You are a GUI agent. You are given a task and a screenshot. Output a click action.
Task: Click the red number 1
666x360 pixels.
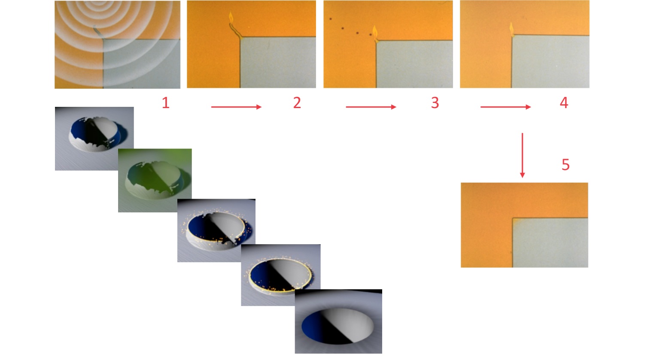[x=166, y=103]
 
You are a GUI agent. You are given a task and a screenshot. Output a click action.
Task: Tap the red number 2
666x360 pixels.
[x=297, y=103]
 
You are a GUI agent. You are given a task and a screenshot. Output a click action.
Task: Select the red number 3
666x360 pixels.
[x=435, y=103]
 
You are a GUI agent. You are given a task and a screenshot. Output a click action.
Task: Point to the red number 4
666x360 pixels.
[x=564, y=103]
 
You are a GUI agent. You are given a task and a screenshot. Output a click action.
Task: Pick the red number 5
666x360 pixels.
[x=566, y=165]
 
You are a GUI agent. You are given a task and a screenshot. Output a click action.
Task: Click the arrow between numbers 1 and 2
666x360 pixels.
[x=236, y=107]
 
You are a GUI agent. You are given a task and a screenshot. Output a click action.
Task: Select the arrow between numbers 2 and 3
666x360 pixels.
[x=371, y=107]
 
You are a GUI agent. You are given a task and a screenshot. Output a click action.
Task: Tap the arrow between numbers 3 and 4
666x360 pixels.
[x=506, y=107]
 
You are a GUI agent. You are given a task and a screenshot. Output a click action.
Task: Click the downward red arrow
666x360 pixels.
[x=523, y=155]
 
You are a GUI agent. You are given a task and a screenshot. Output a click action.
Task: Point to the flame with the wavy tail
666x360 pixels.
[x=231, y=18]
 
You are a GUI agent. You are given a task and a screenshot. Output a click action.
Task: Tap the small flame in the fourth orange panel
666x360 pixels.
[x=512, y=29]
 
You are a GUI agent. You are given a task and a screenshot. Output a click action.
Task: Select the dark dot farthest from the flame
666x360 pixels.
[x=330, y=19]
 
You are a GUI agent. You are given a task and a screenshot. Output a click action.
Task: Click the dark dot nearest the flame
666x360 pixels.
[x=371, y=35]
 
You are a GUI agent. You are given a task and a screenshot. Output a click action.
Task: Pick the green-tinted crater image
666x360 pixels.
[x=155, y=180]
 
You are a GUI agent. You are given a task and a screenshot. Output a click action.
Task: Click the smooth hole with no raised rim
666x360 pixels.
[x=338, y=321]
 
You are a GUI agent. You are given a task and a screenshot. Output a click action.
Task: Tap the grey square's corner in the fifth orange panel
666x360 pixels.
[x=513, y=218]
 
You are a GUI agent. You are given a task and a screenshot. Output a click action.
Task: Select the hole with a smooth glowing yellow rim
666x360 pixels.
[x=281, y=275]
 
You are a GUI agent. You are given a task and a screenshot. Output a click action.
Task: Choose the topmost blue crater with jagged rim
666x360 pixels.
[x=94, y=139]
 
